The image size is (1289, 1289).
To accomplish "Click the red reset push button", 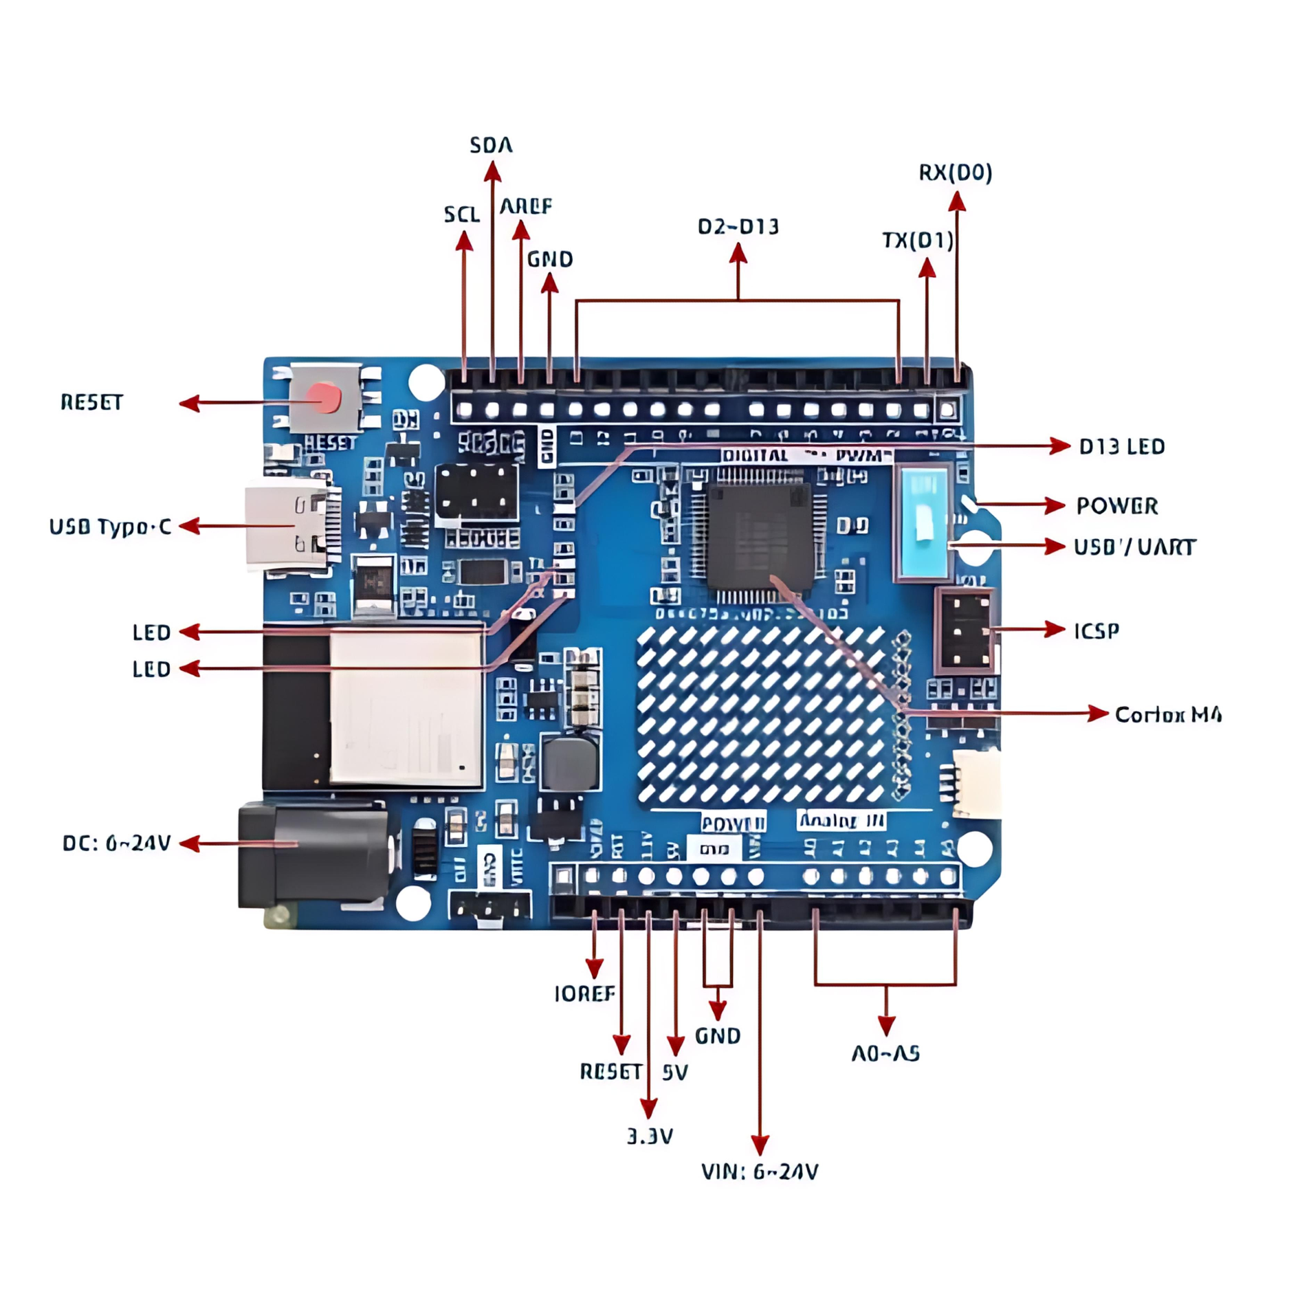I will point(324,398).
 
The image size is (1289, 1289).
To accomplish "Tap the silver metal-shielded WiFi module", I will point(406,708).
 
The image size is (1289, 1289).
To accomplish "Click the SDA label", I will point(491,145).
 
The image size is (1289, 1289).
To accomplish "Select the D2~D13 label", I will point(738,226).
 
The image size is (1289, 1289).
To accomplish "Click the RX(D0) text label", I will point(956,173).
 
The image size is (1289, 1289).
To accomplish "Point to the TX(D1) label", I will point(917,240).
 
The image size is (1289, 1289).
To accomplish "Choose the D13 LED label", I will point(1121,447).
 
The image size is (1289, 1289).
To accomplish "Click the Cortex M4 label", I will point(1167,714).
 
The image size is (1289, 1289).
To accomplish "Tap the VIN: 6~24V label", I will point(759,1171).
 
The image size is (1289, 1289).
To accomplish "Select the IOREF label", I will point(584,993).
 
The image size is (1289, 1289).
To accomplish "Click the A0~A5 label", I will point(885,1053).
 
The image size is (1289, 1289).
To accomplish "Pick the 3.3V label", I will point(650,1136).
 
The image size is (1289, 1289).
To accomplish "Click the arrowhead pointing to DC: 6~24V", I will point(189,844).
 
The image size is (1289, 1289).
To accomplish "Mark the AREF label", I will point(526,206).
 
